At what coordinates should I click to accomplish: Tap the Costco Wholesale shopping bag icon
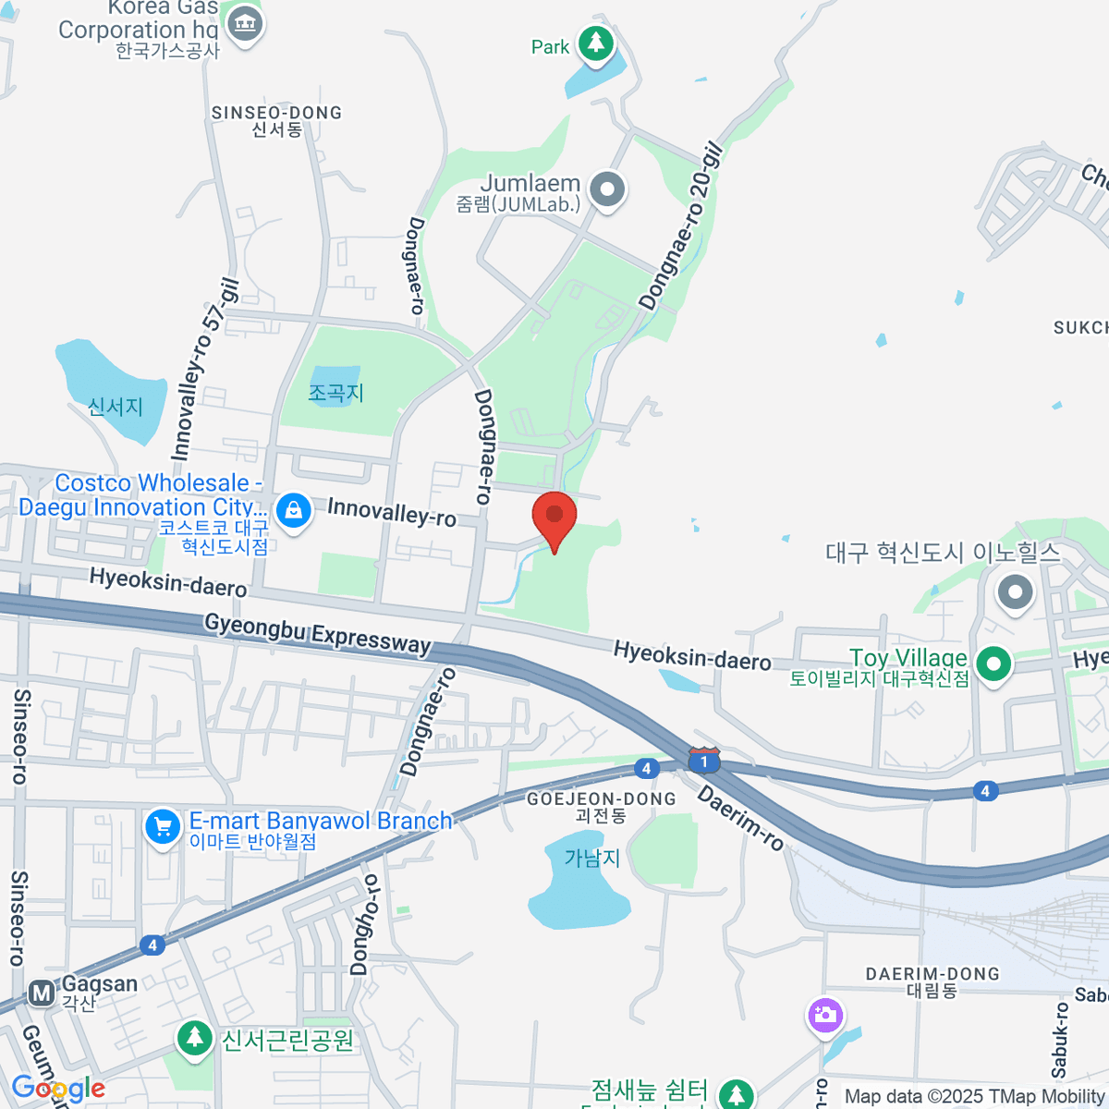coord(294,509)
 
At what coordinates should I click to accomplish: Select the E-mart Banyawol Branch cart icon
coord(163,826)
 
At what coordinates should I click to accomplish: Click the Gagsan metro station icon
coord(42,993)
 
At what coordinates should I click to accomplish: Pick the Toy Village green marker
coord(993,664)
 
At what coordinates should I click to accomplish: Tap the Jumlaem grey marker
coord(607,189)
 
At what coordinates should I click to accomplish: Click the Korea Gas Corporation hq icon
coord(245,22)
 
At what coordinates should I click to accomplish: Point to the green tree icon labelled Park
coord(596,43)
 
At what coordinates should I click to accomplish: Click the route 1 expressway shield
coord(704,761)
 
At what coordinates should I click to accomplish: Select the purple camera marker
coord(824,1015)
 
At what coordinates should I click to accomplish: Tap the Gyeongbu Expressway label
coord(318,633)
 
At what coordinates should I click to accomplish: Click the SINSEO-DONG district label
coord(276,113)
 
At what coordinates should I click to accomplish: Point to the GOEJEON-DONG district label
coord(601,799)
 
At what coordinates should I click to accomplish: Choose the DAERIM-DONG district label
coord(932,974)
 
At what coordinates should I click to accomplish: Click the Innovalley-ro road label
coord(392,511)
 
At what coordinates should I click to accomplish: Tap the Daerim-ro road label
coord(740,818)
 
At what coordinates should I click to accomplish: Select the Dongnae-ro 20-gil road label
coord(680,225)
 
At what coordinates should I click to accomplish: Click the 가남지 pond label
coord(591,858)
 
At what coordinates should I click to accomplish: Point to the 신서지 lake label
coord(116,407)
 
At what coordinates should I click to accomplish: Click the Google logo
coord(58,1089)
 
